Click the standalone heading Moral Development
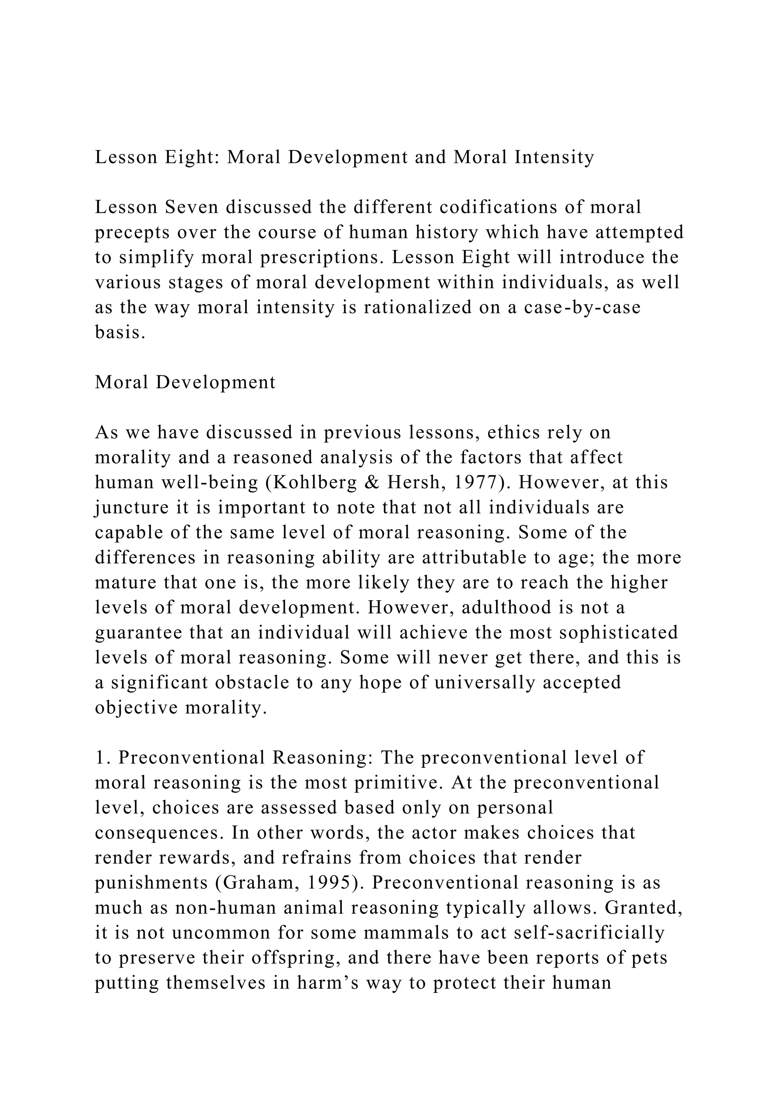(x=185, y=382)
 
